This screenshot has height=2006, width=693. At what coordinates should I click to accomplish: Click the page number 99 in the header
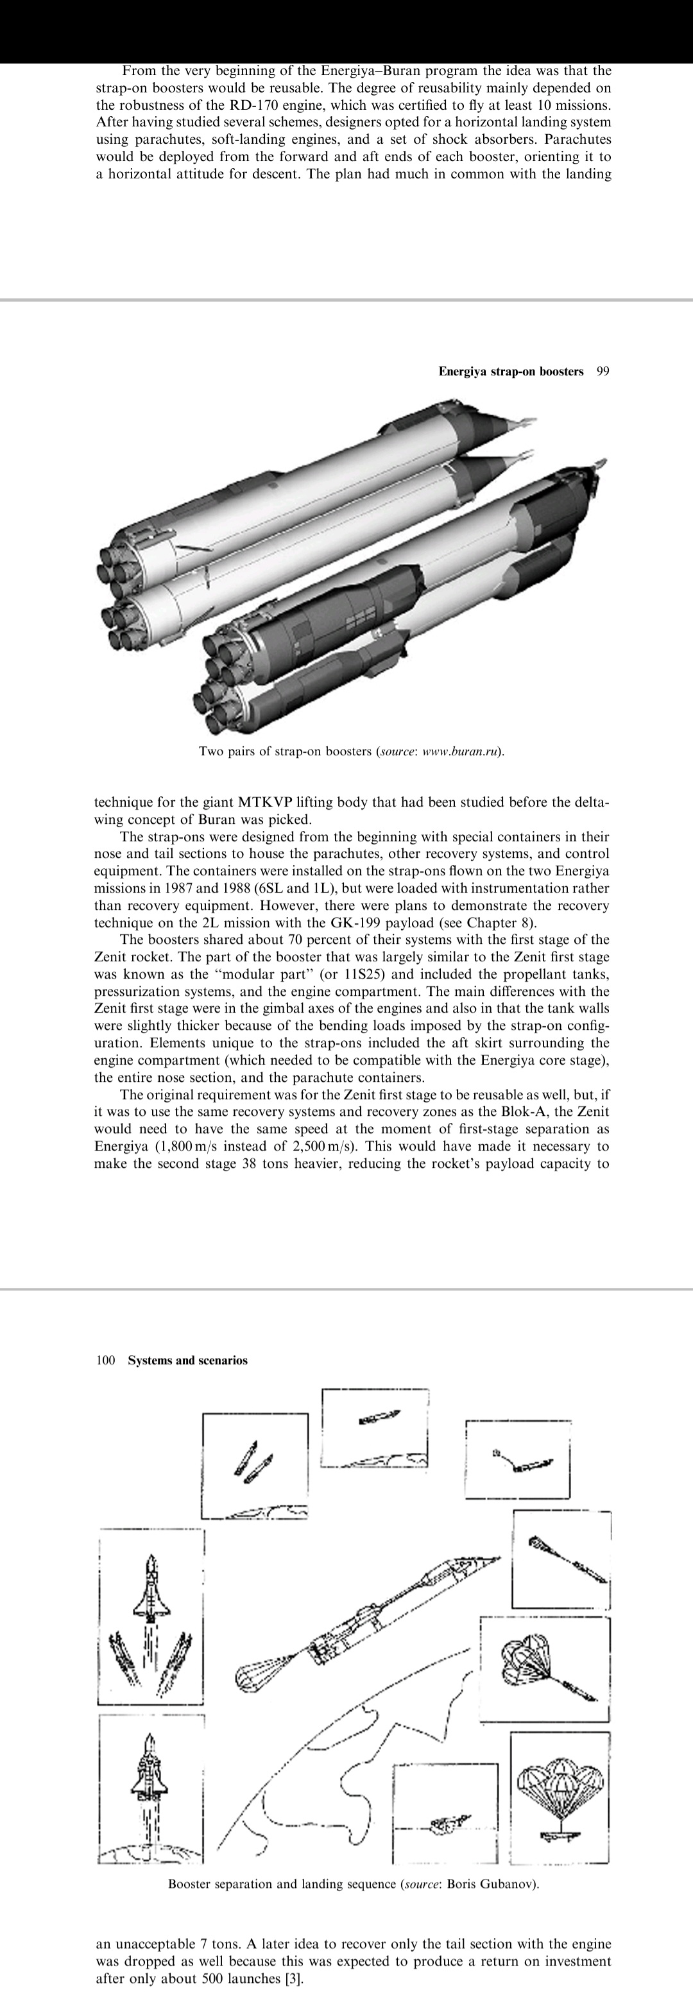pyautogui.click(x=603, y=372)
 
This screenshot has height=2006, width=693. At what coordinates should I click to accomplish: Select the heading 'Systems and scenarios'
pyautogui.click(x=187, y=1360)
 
